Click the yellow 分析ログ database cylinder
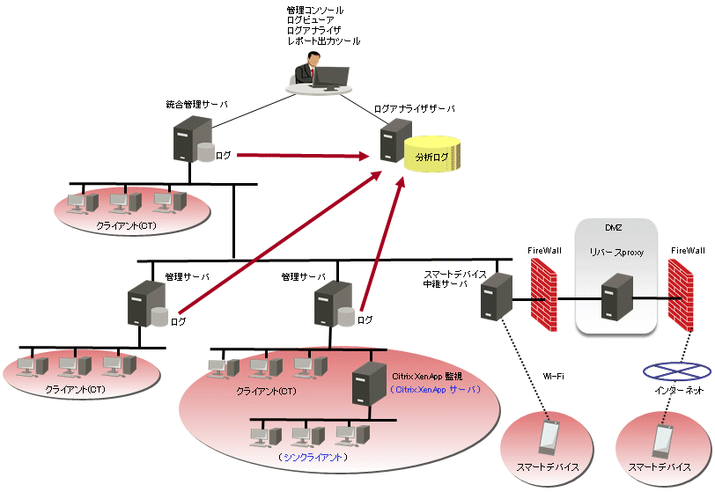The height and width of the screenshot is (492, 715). [431, 153]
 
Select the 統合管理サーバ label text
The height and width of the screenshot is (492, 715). [196, 105]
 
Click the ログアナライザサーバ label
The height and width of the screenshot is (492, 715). [414, 109]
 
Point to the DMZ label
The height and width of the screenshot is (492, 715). [614, 228]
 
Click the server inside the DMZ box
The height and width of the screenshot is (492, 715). [617, 297]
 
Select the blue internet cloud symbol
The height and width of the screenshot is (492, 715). [676, 371]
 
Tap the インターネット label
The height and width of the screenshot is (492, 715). [679, 390]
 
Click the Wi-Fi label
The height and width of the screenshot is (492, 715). [553, 376]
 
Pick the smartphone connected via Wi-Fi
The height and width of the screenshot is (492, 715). [549, 437]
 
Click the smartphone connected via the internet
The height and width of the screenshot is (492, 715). [662, 441]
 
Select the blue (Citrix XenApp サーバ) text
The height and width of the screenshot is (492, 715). [435, 389]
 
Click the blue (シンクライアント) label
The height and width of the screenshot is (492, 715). [313, 457]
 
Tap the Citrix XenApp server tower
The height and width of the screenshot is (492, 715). [369, 384]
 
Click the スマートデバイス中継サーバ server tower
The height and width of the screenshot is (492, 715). [497, 297]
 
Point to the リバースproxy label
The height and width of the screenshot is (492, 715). [616, 252]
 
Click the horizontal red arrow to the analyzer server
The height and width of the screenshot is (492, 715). [303, 156]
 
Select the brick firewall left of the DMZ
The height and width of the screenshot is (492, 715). [543, 295]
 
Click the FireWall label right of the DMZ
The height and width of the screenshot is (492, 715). [688, 250]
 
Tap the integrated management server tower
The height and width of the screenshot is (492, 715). [193, 139]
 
